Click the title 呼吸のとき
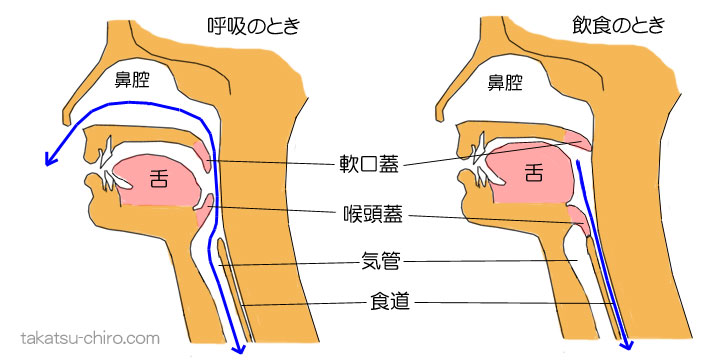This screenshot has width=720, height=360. click(244, 23)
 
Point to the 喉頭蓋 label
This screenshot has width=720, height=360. click(368, 215)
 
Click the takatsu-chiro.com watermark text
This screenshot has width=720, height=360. click(91, 338)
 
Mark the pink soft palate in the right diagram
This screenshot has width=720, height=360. click(578, 140)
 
